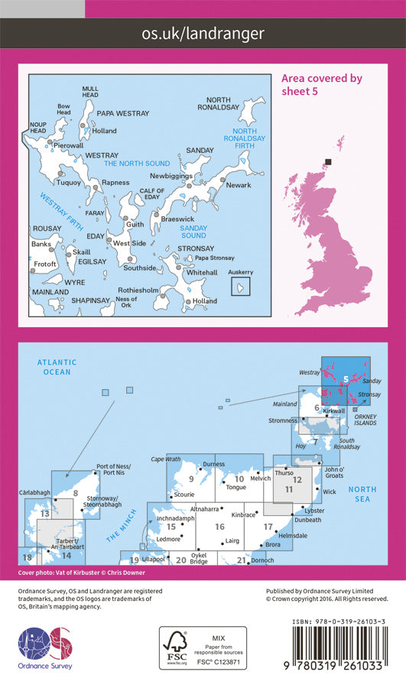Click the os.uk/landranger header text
pyautogui.click(x=203, y=33)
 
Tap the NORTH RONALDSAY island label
pyautogui.click(x=219, y=105)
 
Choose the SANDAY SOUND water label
pyautogui.click(x=193, y=232)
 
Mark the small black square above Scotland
pyautogui.click(x=329, y=161)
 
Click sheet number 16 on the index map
pyautogui.click(x=219, y=527)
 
